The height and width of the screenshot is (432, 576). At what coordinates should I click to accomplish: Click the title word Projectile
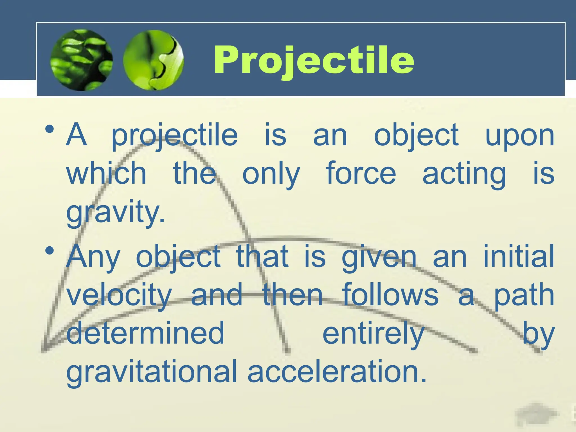click(x=313, y=60)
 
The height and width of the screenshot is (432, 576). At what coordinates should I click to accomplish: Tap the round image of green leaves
click(x=82, y=60)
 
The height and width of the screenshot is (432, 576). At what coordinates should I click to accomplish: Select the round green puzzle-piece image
click(x=154, y=60)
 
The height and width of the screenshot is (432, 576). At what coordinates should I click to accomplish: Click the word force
click(x=361, y=173)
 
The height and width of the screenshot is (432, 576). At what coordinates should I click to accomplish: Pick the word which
click(x=106, y=173)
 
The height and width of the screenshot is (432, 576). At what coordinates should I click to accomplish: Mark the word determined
click(x=145, y=333)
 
